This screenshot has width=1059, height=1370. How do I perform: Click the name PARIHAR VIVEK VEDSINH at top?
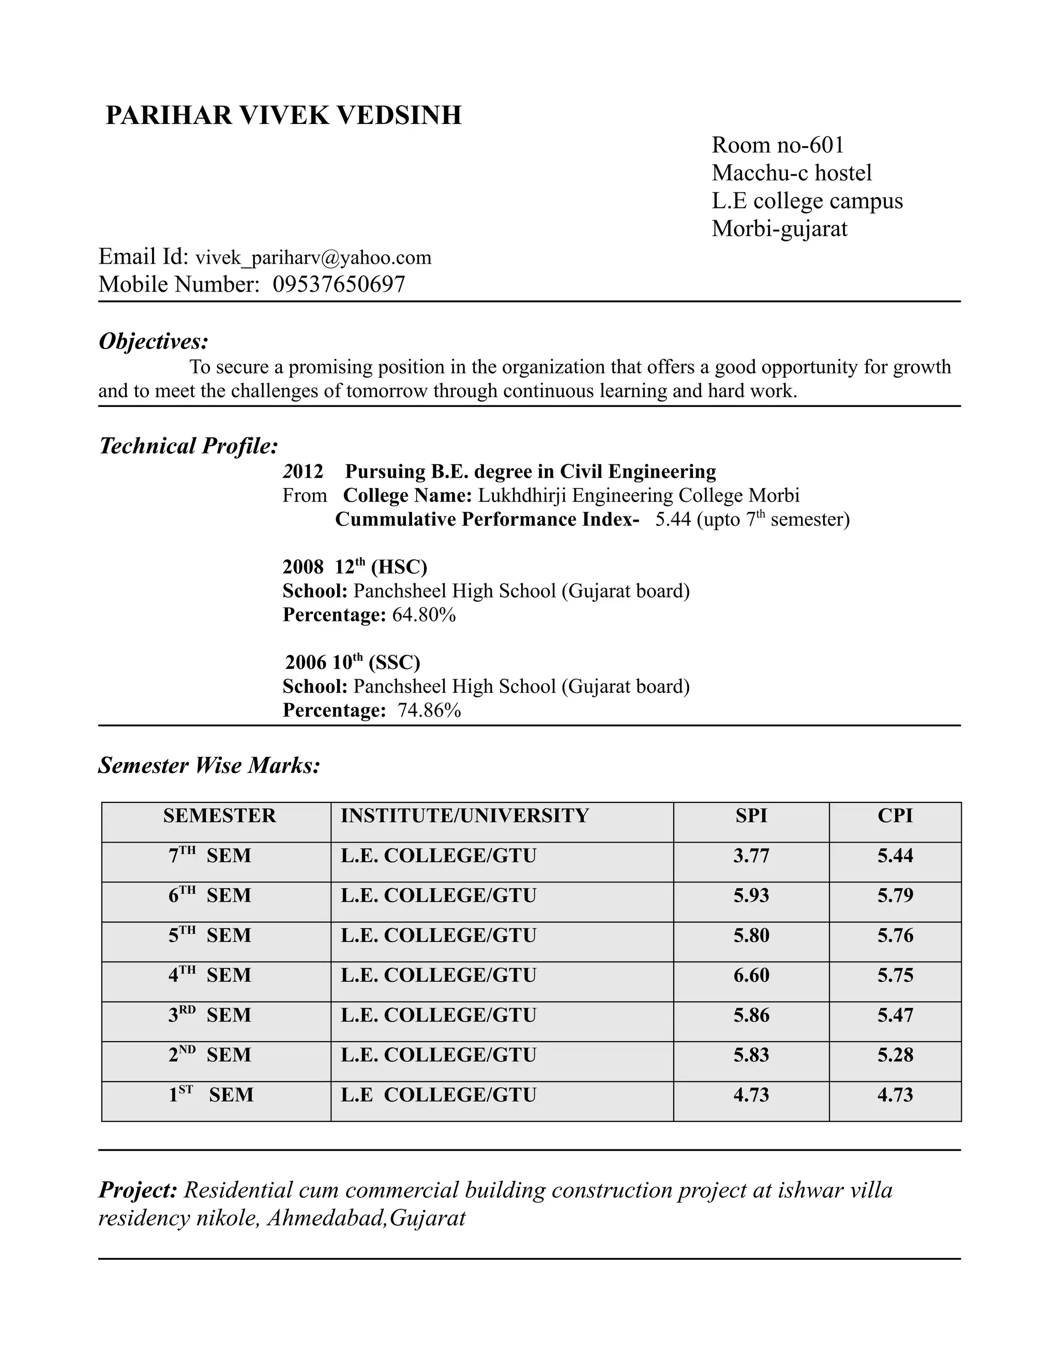pos(283,116)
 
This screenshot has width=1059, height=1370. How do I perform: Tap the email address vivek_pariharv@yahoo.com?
pos(313,258)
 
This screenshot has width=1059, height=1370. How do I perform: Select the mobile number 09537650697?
pos(339,285)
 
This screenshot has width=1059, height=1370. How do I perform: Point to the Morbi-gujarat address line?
pos(779,229)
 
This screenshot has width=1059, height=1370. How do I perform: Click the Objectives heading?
pos(153,342)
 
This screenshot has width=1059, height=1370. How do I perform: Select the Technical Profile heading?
pos(188,446)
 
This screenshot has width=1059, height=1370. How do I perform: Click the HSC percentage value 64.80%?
pos(423,615)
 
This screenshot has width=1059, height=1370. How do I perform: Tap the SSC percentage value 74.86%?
pos(429,711)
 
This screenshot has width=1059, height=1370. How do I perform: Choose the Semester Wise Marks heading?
pos(209,765)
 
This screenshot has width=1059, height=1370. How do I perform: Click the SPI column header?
pos(751,815)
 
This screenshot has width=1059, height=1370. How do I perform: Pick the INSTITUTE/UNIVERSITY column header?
pos(464,815)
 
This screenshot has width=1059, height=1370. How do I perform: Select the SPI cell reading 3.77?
pos(751,856)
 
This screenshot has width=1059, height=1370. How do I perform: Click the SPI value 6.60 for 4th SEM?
pos(751,976)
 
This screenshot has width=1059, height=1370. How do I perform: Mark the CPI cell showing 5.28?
pos(895,1055)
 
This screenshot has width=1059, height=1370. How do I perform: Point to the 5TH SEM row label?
pos(209,935)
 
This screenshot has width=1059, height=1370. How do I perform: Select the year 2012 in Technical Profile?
pos(303,471)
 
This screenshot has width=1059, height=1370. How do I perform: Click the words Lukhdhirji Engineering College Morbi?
pos(639,496)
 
